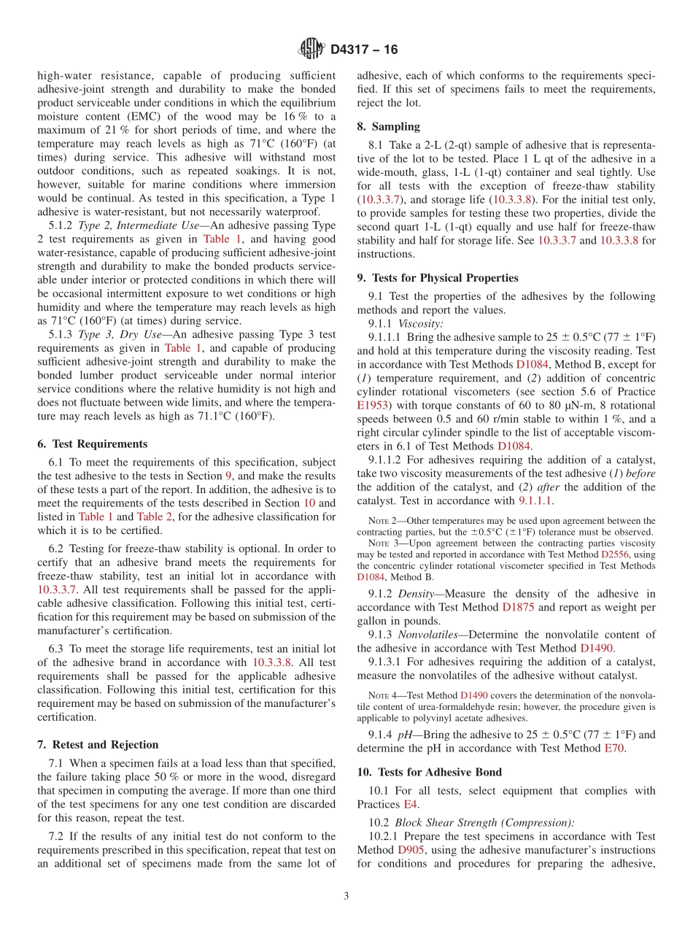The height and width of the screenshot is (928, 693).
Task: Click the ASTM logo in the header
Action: click(x=311, y=50)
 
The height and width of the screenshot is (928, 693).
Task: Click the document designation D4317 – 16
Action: click(x=364, y=50)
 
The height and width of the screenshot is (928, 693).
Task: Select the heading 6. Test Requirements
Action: click(x=92, y=444)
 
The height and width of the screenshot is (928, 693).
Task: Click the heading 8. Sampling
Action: click(x=388, y=126)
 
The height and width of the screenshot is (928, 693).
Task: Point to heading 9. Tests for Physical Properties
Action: click(x=438, y=277)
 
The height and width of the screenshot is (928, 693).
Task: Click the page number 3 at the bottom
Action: click(x=346, y=896)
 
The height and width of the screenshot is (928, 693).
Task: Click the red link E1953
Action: click(x=373, y=405)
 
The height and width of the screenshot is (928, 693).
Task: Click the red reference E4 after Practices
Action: click(x=411, y=804)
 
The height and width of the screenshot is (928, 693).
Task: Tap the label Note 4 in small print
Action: click(x=379, y=696)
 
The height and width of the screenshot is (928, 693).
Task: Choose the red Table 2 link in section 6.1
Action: click(x=155, y=517)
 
